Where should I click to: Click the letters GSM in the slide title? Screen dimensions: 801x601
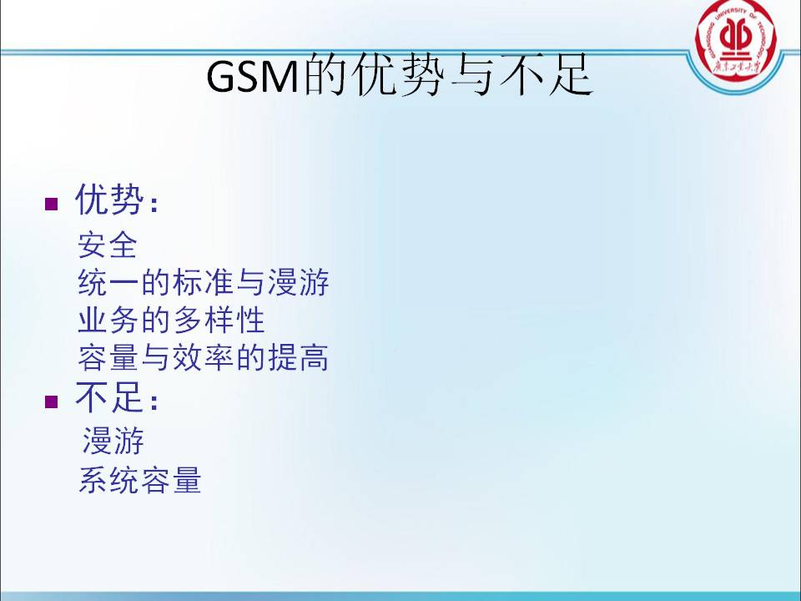click(252, 77)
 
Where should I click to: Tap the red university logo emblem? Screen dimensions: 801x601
click(736, 41)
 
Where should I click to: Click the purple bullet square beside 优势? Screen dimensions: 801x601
click(52, 204)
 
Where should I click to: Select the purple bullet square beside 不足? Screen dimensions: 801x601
click(52, 402)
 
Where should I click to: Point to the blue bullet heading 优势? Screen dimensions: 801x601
click(117, 199)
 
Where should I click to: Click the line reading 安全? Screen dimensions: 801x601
click(108, 245)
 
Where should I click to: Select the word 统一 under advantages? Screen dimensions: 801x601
click(108, 282)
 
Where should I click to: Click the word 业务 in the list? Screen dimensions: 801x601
click(108, 320)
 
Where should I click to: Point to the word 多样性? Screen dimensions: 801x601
click(219, 320)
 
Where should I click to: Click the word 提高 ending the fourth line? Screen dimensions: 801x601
click(299, 357)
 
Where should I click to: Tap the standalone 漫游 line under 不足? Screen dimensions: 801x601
click(113, 441)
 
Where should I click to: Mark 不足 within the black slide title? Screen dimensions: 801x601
click(547, 76)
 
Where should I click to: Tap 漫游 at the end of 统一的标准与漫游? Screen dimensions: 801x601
click(299, 282)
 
